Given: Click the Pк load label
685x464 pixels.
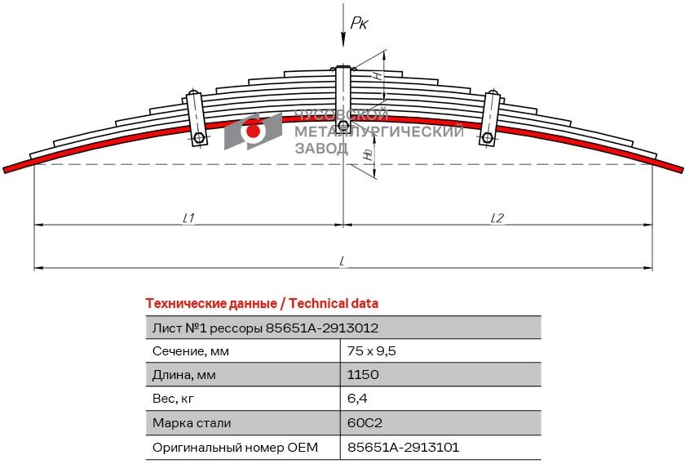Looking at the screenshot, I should (x=359, y=24).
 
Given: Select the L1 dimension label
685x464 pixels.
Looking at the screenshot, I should (x=188, y=217).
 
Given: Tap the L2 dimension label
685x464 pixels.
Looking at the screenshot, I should (x=497, y=217).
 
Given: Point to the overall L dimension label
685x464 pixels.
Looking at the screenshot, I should (x=343, y=261).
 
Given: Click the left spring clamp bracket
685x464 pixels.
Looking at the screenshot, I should (x=196, y=117).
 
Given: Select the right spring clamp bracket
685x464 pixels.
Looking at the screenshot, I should (x=490, y=117).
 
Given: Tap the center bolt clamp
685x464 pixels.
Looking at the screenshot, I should (x=344, y=98).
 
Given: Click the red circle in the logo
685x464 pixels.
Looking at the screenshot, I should (x=253, y=131).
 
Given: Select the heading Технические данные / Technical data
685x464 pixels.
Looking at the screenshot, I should (x=262, y=303).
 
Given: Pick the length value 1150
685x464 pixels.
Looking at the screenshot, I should (x=363, y=375).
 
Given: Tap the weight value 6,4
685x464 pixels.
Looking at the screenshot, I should (x=356, y=399).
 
